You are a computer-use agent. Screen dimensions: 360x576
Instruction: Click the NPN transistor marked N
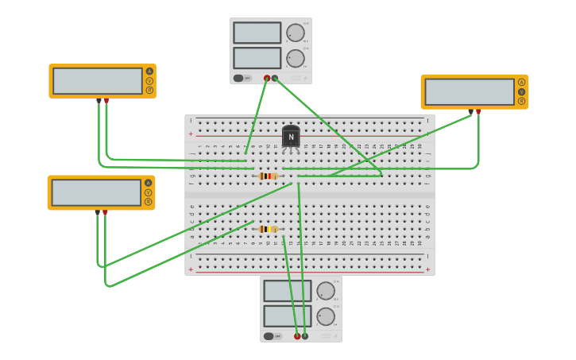click(291, 137)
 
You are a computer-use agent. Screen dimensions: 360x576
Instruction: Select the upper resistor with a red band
click(269, 176)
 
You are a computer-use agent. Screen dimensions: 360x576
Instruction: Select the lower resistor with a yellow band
click(269, 229)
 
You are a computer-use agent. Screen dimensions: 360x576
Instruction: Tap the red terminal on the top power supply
click(267, 78)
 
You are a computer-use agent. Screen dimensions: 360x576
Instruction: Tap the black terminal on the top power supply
click(275, 78)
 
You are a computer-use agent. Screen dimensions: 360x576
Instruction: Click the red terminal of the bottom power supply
click(297, 336)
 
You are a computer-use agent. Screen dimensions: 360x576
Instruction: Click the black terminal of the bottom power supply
click(305, 336)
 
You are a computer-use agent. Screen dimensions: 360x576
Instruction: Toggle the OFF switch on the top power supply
click(242, 78)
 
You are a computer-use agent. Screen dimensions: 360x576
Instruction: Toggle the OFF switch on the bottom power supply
click(272, 336)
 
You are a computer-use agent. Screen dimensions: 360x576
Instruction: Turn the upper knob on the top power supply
click(295, 33)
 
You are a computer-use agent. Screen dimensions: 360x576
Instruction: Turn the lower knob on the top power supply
click(295, 58)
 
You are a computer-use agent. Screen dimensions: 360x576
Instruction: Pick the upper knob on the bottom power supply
click(326, 291)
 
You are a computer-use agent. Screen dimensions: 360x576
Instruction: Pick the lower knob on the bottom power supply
click(326, 316)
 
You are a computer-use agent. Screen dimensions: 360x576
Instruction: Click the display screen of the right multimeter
click(469, 91)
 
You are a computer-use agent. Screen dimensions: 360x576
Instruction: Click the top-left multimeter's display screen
click(97, 80)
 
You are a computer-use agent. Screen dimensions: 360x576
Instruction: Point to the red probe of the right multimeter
click(478, 112)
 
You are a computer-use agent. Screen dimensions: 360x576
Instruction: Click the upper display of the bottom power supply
click(288, 291)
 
